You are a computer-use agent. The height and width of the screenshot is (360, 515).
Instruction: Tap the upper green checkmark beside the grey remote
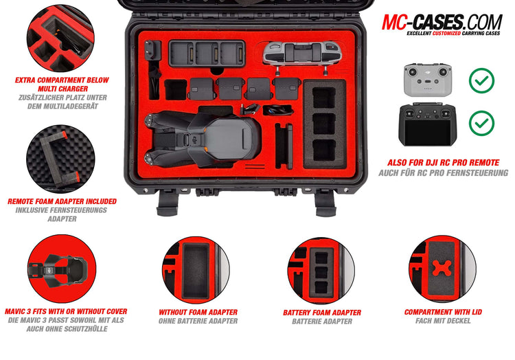(x=481, y=80)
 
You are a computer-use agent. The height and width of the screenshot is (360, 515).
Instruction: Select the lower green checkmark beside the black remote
(x=481, y=123)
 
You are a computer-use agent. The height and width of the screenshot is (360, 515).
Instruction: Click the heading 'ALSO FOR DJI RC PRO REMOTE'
(x=443, y=163)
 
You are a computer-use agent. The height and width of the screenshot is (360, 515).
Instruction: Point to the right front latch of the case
(x=324, y=201)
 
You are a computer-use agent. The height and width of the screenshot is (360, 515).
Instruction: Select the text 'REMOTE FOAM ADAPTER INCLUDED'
(x=62, y=201)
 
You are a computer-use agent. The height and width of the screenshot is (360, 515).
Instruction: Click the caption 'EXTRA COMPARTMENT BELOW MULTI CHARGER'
(x=62, y=85)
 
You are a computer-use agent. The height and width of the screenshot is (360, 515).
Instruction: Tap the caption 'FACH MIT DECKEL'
(x=443, y=321)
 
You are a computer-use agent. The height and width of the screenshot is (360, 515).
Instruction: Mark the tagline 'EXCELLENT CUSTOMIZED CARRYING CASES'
(x=453, y=32)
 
